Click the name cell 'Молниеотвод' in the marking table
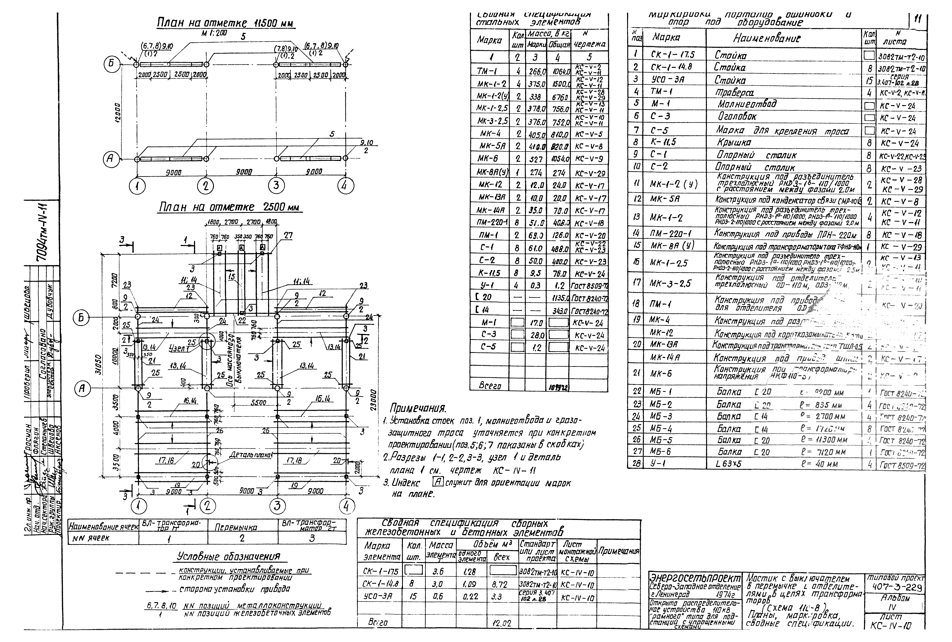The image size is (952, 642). tap(746, 104)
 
